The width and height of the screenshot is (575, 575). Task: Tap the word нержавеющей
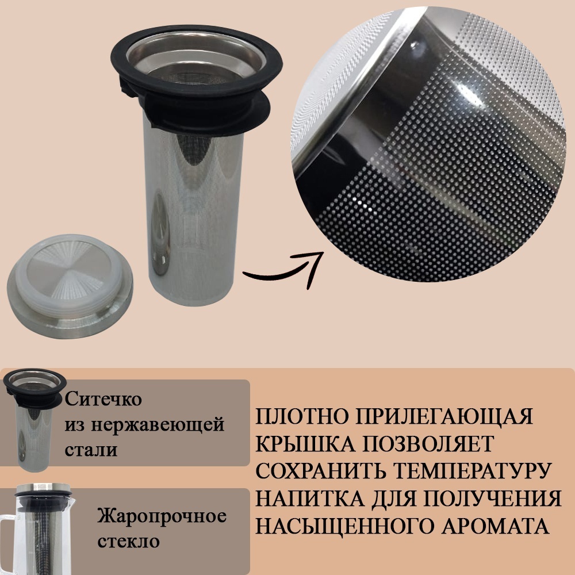[158, 425]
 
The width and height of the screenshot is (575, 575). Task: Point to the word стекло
[128, 541]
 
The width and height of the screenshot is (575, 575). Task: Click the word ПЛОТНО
[302, 416]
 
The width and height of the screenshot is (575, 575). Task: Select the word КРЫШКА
[305, 444]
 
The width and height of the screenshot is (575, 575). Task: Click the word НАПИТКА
[310, 499]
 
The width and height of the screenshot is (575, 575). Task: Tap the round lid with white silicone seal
[70, 286]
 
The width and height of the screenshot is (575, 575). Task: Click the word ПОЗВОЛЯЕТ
[428, 444]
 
